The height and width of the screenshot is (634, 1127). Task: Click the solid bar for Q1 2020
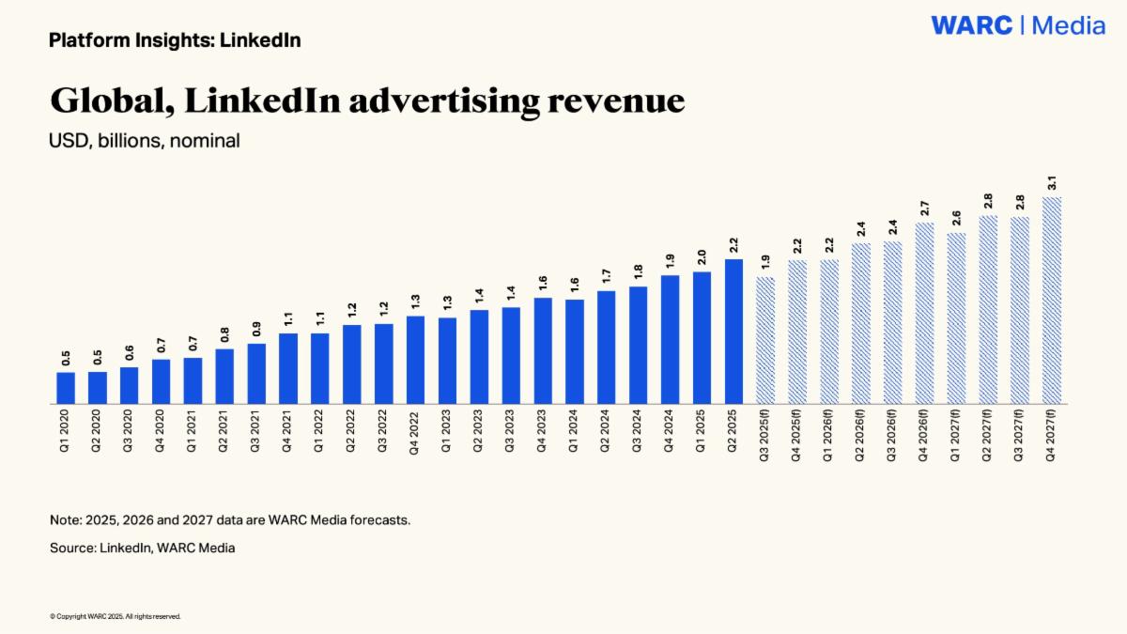coord(66,388)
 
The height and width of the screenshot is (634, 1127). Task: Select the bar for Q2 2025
coord(733,332)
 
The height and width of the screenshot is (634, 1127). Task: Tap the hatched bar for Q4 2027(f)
coord(1052,301)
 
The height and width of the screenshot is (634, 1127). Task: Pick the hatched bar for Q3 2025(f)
coord(765,340)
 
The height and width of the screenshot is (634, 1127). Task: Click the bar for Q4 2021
coord(287,368)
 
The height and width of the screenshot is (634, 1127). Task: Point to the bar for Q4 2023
coord(543,350)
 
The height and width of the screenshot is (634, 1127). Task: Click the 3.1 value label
coord(1052,182)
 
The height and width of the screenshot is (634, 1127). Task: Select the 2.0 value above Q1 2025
coord(702,257)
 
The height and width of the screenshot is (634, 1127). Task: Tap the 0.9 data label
coord(256,329)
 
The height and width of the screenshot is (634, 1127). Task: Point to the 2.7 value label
coord(925,209)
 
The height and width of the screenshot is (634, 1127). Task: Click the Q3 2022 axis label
coord(382,431)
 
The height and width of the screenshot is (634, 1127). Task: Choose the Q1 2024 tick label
coord(574,431)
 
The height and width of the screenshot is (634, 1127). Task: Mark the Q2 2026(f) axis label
coord(860,435)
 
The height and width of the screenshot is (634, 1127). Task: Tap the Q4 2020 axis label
coord(160,431)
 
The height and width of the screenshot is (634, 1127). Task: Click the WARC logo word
coord(971,25)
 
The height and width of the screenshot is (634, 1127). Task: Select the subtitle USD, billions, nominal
coord(145,141)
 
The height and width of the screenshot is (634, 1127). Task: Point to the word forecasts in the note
coord(379,519)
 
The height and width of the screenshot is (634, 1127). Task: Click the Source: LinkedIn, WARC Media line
coord(143,548)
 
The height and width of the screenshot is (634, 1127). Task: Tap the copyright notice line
coord(116,616)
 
